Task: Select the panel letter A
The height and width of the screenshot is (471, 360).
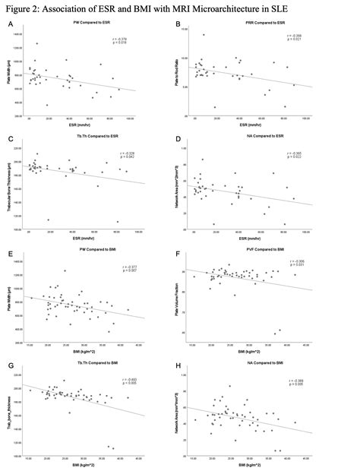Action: pyautogui.click(x=10, y=25)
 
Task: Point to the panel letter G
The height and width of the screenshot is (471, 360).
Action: pyautogui.click(x=10, y=366)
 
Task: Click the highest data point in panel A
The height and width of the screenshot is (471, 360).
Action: pyautogui.click(x=36, y=44)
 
